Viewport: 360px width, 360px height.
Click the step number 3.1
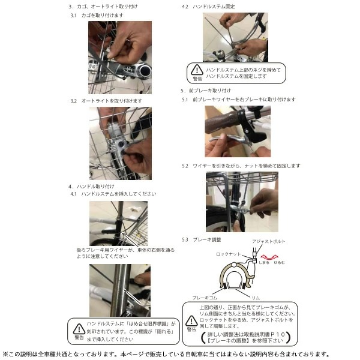(x=73, y=16)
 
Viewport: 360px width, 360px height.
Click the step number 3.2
(x=73, y=101)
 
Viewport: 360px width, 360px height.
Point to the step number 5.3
(x=185, y=239)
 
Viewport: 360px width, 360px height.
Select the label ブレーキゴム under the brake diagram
(x=205, y=297)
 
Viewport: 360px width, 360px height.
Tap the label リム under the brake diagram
(x=256, y=297)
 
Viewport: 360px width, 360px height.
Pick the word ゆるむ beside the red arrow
(x=280, y=263)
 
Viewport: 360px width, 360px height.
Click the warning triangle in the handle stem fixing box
(x=197, y=70)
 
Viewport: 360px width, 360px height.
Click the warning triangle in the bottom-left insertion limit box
(x=79, y=328)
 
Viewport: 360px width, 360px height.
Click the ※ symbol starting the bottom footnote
(x=5, y=354)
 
